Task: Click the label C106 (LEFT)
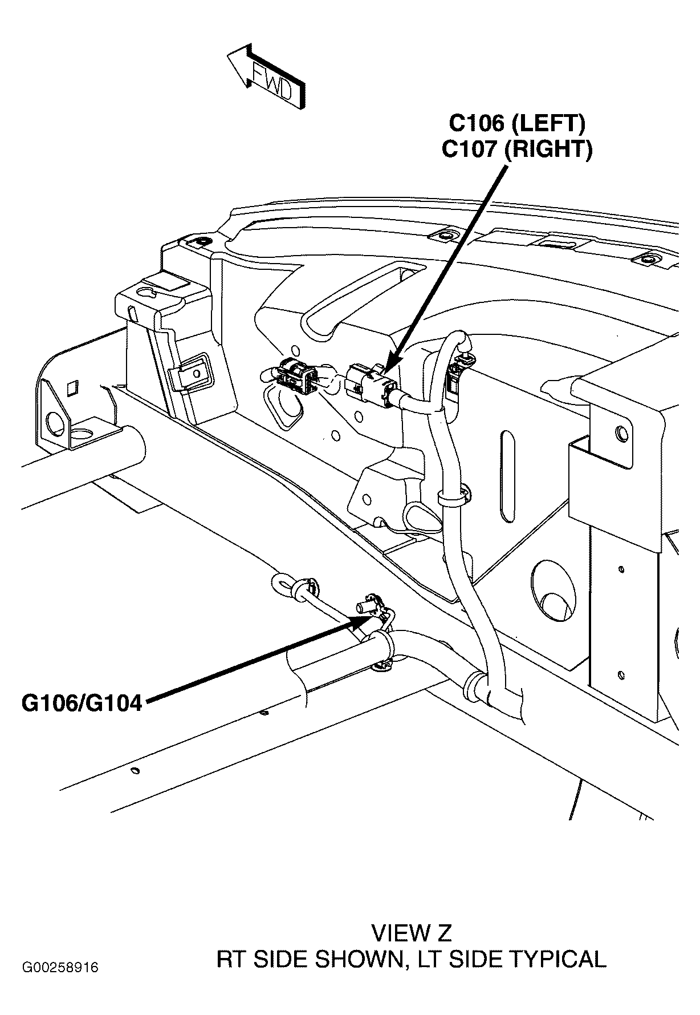(516, 123)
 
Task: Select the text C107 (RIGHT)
(516, 149)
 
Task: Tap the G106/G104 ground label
(82, 703)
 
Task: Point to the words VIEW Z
(411, 933)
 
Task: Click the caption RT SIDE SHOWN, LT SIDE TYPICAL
(411, 959)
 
